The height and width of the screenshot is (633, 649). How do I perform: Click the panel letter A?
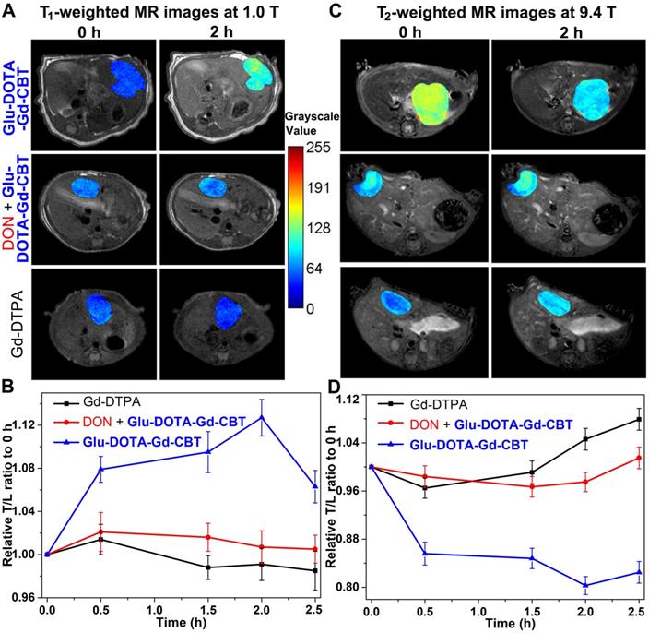pyautogui.click(x=9, y=10)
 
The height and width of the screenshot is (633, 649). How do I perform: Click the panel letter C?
pyautogui.click(x=336, y=10)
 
